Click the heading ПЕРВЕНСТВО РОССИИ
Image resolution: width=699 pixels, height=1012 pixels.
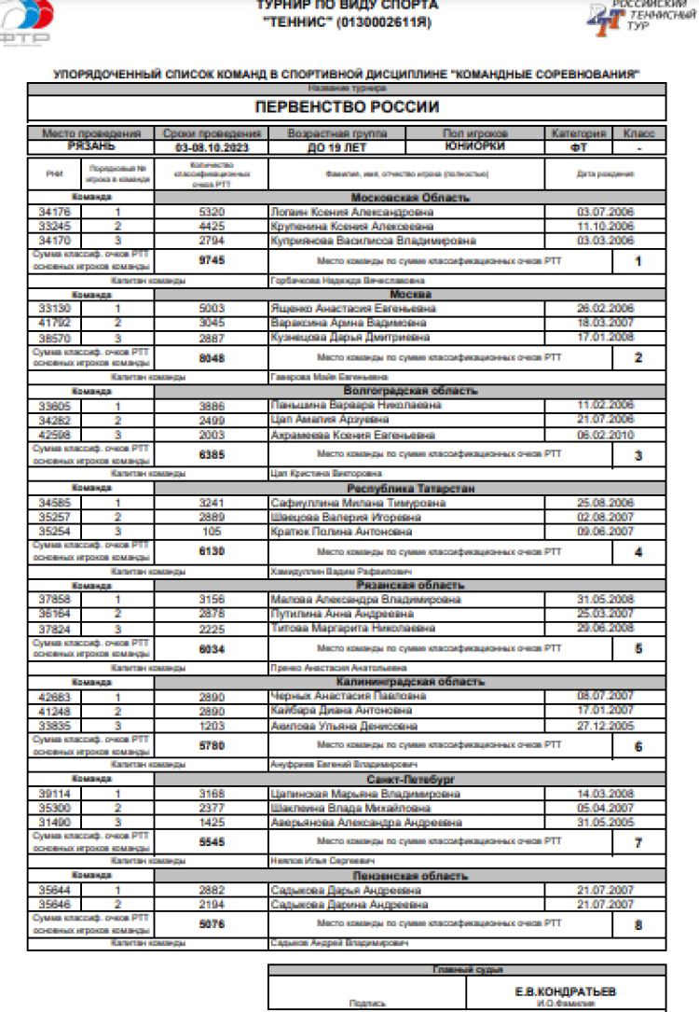coord(346,107)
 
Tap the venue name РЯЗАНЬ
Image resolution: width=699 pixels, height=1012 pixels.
coord(90,146)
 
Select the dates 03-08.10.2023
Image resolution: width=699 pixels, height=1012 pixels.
coord(212,147)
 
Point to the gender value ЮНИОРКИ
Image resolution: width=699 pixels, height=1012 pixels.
coord(475,146)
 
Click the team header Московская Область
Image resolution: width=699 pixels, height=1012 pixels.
coord(409,198)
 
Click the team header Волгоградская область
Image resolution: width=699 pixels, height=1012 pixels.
coord(409,391)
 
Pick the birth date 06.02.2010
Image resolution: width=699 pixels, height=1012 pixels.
coord(605,435)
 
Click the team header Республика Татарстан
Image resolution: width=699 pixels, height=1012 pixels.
coord(409,488)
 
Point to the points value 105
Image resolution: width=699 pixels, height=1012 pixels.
coord(212,532)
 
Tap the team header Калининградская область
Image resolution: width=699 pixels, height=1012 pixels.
coord(409,682)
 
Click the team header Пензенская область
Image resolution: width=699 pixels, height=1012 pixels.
coord(409,876)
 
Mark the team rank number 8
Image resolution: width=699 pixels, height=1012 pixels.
coord(638,925)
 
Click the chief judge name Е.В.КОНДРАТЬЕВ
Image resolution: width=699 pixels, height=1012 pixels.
coord(565,991)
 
